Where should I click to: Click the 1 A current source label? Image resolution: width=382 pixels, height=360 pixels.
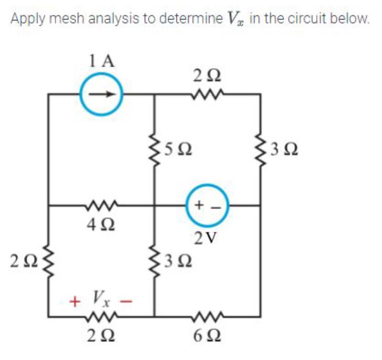point(102,62)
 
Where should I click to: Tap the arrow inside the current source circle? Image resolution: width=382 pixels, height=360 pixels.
point(102,94)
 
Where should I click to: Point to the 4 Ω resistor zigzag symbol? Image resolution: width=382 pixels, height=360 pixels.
point(102,206)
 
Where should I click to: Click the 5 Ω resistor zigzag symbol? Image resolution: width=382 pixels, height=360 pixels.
point(154,150)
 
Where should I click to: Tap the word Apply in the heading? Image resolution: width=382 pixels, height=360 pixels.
point(27,19)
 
